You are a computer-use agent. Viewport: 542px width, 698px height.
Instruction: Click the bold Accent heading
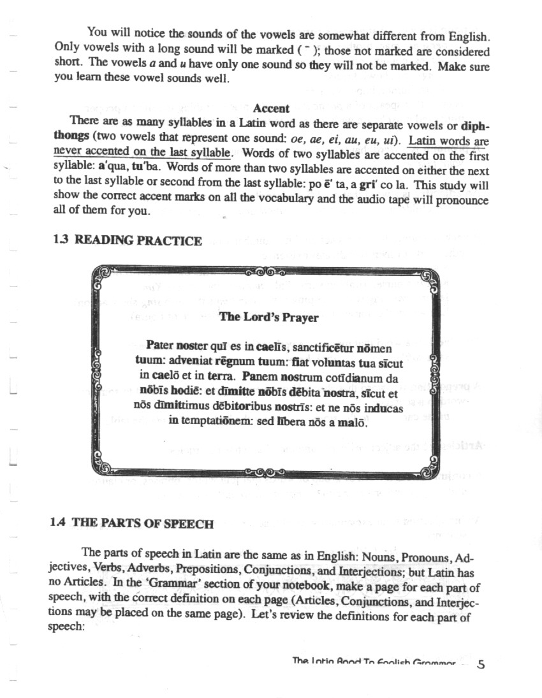[271, 108]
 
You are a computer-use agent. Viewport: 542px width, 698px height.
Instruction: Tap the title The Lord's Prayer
[268, 317]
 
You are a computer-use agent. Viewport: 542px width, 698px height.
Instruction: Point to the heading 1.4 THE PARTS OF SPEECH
[131, 523]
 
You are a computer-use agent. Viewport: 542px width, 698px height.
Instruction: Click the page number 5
[481, 665]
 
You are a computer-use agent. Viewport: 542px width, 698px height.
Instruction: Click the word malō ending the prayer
[354, 421]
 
